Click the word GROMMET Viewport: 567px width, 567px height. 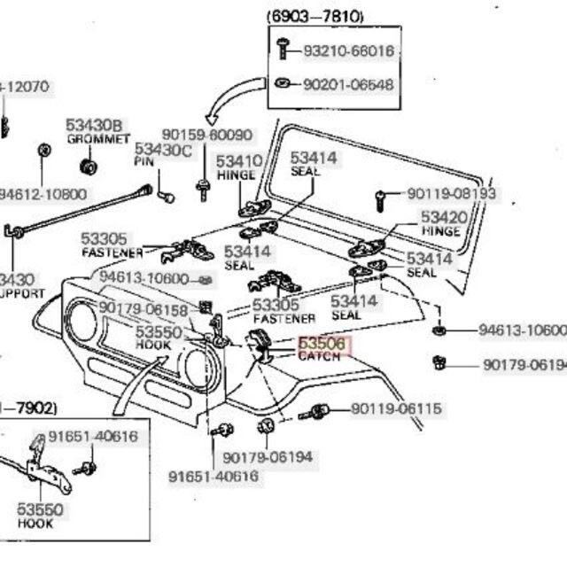(x=97, y=140)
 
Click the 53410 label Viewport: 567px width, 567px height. (x=238, y=161)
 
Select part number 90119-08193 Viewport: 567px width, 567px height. (x=451, y=193)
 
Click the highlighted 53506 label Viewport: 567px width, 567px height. (x=324, y=344)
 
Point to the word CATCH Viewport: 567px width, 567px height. (x=318, y=356)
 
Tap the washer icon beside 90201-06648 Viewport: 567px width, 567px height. (x=282, y=84)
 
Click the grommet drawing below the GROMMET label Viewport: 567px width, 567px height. (x=88, y=167)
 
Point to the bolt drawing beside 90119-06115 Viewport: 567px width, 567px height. (x=316, y=412)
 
